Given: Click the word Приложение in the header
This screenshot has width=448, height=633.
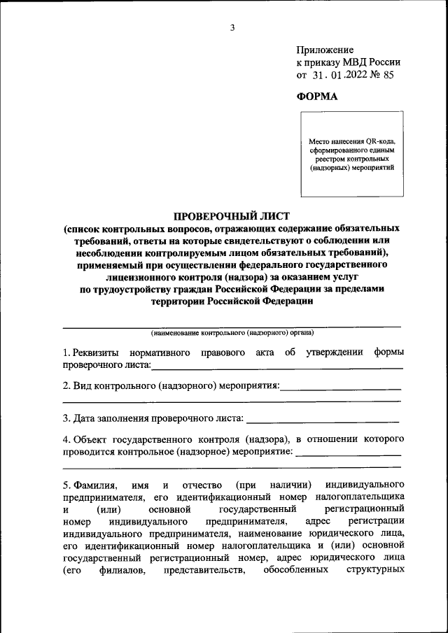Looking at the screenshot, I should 325,50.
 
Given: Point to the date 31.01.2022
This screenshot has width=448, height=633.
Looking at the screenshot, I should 337,76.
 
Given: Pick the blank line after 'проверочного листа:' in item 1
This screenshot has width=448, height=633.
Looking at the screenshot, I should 276,365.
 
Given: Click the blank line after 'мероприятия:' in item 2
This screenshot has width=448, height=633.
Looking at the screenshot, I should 341,386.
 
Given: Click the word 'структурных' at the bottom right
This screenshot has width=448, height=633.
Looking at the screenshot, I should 377,570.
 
